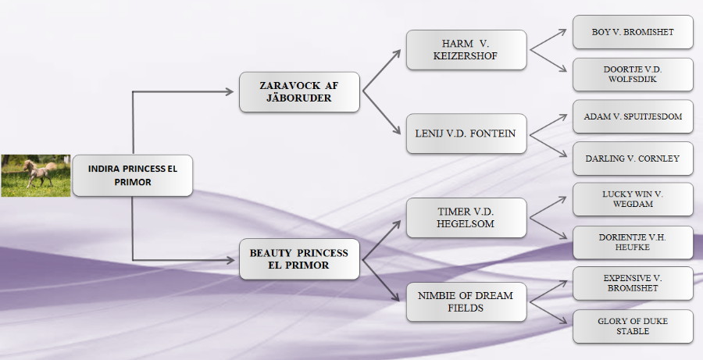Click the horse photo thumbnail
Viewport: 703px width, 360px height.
pyautogui.click(x=36, y=176)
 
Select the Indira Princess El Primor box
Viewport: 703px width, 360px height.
pyautogui.click(x=133, y=175)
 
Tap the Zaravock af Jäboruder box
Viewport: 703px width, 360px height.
pyautogui.click(x=299, y=92)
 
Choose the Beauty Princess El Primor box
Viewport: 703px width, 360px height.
pyautogui.click(x=299, y=259)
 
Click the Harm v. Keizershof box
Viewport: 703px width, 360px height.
pyautogui.click(x=466, y=50)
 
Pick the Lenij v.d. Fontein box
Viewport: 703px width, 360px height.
pyautogui.click(x=466, y=134)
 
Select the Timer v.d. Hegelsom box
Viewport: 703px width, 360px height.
pyautogui.click(x=466, y=218)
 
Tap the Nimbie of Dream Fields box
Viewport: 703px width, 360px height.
pyautogui.click(x=466, y=301)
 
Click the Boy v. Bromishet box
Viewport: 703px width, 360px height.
pyautogui.click(x=633, y=32)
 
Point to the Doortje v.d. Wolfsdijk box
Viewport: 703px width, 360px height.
pyautogui.click(x=633, y=74)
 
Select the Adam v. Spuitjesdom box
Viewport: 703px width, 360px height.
pyautogui.click(x=633, y=116)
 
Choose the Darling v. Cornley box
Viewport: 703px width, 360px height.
pyautogui.click(x=633, y=159)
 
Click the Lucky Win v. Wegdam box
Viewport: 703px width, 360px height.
pyautogui.click(x=633, y=199)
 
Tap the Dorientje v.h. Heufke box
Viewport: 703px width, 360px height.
pyautogui.click(x=633, y=243)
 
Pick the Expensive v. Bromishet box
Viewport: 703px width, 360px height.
pyautogui.click(x=633, y=283)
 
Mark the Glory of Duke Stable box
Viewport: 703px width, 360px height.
pyautogui.click(x=633, y=326)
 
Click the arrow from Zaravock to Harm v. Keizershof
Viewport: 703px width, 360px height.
pyautogui.click(x=381, y=70)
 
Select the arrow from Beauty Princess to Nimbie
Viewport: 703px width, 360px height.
pyautogui.click(x=381, y=280)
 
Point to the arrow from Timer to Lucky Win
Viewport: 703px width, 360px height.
pyautogui.click(x=548, y=207)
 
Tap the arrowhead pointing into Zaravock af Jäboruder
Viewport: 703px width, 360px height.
pyautogui.click(x=230, y=92)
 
